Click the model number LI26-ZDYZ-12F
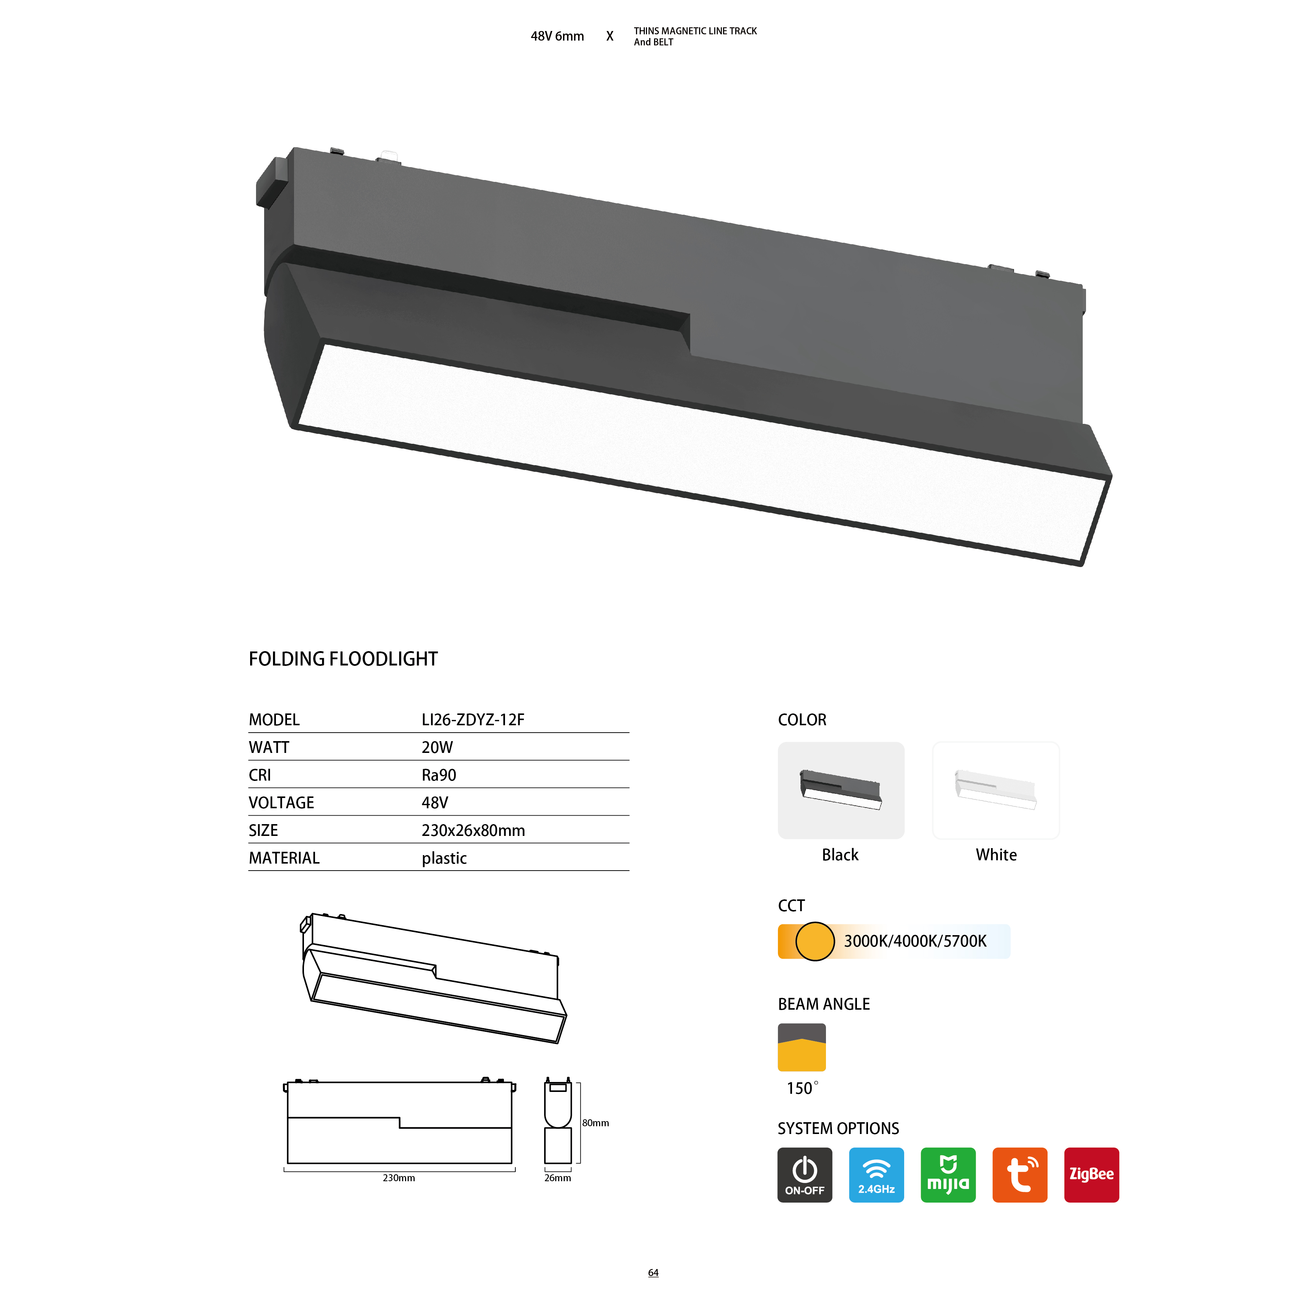(x=473, y=720)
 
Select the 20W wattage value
(x=437, y=747)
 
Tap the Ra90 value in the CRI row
(x=439, y=775)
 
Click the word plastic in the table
(x=445, y=858)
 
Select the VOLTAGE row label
(x=281, y=803)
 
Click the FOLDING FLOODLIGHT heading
(x=343, y=659)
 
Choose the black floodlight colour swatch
(x=841, y=790)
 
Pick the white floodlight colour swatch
(x=996, y=790)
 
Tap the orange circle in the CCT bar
(x=815, y=941)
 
